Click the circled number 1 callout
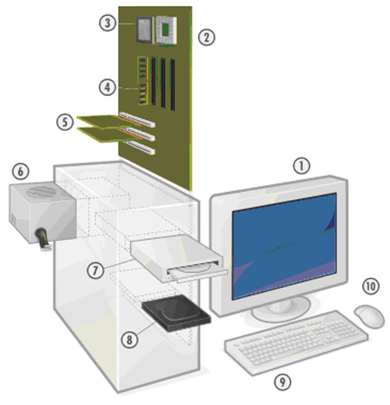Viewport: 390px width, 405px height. [302, 165]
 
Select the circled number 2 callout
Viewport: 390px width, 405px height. [207, 37]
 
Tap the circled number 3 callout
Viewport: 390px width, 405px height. [108, 23]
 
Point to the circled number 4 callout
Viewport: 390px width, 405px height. [108, 87]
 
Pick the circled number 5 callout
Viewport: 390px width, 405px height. [65, 122]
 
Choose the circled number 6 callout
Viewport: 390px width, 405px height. [21, 171]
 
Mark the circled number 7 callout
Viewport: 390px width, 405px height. [95, 270]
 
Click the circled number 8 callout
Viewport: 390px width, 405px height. [129, 339]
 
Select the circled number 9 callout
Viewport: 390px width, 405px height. [282, 382]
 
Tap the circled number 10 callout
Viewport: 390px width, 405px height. [370, 286]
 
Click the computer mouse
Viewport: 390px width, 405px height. [369, 316]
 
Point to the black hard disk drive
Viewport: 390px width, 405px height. [176, 313]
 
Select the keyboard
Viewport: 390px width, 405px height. [296, 342]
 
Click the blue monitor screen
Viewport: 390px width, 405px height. [285, 246]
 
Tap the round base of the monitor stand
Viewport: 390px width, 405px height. [281, 310]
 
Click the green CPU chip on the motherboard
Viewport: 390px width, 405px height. [165, 30]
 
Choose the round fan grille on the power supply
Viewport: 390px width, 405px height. [41, 192]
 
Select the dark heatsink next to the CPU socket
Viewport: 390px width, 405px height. [144, 29]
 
